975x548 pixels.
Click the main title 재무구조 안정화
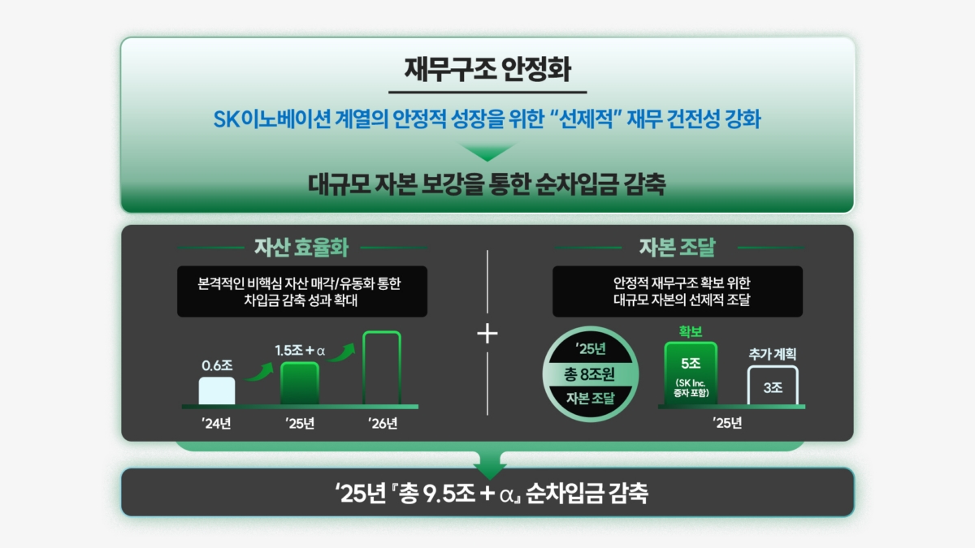[487, 70]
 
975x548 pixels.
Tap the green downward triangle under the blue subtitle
[487, 152]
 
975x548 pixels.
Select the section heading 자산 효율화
[301, 248]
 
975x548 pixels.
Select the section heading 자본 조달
[678, 248]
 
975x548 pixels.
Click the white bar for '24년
[217, 391]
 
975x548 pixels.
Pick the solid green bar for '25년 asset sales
[300, 383]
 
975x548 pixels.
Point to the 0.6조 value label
[217, 365]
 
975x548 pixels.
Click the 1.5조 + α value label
[300, 350]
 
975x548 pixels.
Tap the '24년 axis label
[216, 423]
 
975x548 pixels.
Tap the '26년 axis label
[383, 423]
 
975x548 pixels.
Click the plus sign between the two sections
[487, 334]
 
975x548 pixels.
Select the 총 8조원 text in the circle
[589, 374]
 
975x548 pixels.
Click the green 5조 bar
[691, 373]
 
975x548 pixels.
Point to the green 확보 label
[691, 331]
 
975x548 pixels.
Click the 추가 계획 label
[773, 354]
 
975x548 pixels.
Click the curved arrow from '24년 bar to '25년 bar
[260, 373]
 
